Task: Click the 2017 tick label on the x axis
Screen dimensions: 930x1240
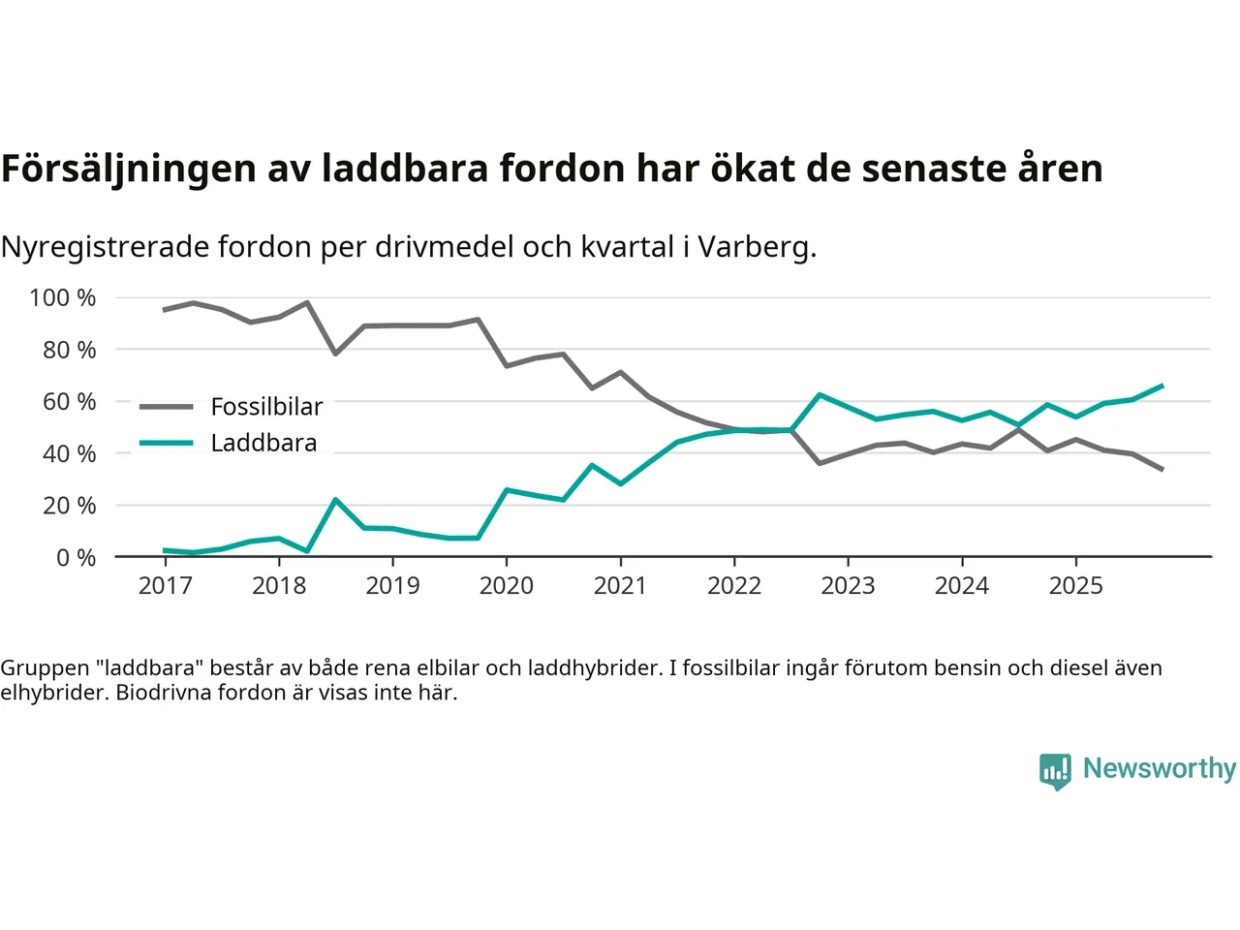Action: [x=166, y=585]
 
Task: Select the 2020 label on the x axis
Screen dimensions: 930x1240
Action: [x=507, y=585]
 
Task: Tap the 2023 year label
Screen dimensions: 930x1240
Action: [x=848, y=585]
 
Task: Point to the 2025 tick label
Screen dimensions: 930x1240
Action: [x=1076, y=585]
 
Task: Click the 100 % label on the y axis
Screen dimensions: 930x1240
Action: [x=63, y=297]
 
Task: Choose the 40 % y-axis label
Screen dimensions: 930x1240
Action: [x=70, y=453]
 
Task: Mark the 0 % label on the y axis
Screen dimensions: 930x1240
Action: [x=77, y=557]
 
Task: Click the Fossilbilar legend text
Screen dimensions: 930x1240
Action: [x=266, y=407]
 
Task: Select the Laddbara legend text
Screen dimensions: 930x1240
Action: [x=263, y=443]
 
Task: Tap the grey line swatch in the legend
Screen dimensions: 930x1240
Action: [x=167, y=407]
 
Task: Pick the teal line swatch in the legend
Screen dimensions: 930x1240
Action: [x=167, y=443]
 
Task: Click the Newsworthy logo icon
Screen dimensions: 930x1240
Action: [x=1055, y=770]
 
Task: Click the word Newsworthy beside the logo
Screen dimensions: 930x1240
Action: [x=1160, y=768]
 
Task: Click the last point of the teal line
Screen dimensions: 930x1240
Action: [x=1162, y=386]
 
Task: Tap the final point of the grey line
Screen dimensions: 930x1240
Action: [x=1162, y=470]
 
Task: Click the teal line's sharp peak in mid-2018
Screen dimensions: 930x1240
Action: [x=335, y=500]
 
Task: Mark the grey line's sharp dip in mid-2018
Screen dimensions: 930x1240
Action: [x=335, y=354]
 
